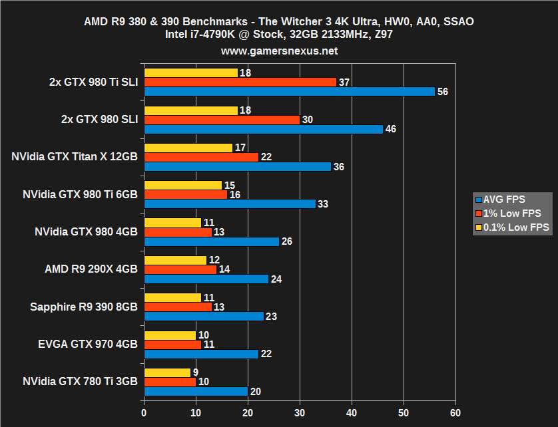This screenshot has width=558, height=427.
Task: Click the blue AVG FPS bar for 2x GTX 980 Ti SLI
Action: (x=289, y=91)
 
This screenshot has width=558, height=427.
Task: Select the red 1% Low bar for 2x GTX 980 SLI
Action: (x=222, y=120)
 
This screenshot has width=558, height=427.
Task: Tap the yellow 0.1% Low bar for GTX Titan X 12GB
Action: (x=188, y=148)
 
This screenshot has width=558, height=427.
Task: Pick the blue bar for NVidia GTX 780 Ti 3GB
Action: (x=196, y=391)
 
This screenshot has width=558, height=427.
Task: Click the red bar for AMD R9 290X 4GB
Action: (x=180, y=269)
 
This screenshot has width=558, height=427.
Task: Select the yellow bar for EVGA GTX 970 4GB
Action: (x=170, y=335)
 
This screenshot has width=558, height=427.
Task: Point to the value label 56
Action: (x=442, y=92)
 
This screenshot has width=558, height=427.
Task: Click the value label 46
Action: (x=390, y=129)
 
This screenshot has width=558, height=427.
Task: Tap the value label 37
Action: (x=344, y=82)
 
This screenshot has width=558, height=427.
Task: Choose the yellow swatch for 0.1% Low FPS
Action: (x=478, y=227)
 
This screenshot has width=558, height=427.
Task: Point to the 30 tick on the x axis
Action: (x=300, y=412)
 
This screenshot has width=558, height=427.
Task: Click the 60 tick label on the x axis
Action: (x=455, y=412)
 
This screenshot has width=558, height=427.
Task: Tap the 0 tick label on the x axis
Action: (x=144, y=412)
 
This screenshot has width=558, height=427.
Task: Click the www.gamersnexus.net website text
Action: (x=279, y=51)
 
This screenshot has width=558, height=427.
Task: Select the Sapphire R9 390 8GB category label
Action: (x=84, y=307)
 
